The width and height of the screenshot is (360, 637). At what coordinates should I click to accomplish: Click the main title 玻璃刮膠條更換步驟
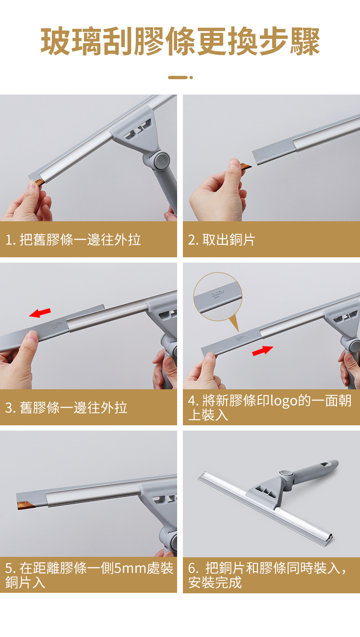click(180, 41)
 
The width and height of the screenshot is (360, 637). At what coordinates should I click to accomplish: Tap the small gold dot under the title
click(191, 77)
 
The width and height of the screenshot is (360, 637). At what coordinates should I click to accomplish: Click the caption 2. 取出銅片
click(221, 240)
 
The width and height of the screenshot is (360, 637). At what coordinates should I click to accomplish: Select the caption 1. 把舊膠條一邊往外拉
click(73, 240)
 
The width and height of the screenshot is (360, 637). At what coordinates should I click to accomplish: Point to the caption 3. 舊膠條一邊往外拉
click(66, 408)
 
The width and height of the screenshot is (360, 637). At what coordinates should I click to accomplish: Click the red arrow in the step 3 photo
click(40, 312)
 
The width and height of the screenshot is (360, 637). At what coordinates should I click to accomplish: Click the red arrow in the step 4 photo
click(263, 350)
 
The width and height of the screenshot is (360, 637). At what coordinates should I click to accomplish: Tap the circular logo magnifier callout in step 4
click(218, 297)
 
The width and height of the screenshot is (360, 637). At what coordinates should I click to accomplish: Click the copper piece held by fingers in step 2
click(245, 167)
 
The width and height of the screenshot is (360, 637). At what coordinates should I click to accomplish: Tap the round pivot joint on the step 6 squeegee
click(286, 473)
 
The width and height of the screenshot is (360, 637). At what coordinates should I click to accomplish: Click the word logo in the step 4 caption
click(284, 401)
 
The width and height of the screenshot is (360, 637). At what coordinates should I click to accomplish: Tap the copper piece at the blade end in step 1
click(40, 182)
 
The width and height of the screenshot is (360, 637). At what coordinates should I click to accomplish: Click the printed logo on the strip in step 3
click(56, 325)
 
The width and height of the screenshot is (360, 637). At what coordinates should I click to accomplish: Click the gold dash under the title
click(178, 77)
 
